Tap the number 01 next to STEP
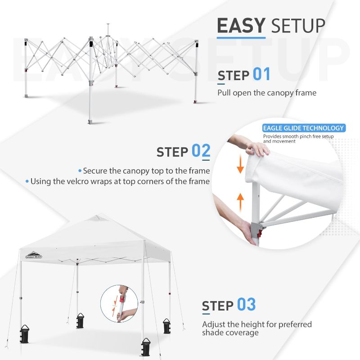click(261, 74)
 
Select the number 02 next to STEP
click(201, 151)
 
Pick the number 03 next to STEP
click(246, 305)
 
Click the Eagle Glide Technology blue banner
click(304, 128)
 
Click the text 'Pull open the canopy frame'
click(267, 93)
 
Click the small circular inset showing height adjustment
click(119, 304)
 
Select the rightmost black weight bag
click(166, 326)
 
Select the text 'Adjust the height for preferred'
click(256, 324)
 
